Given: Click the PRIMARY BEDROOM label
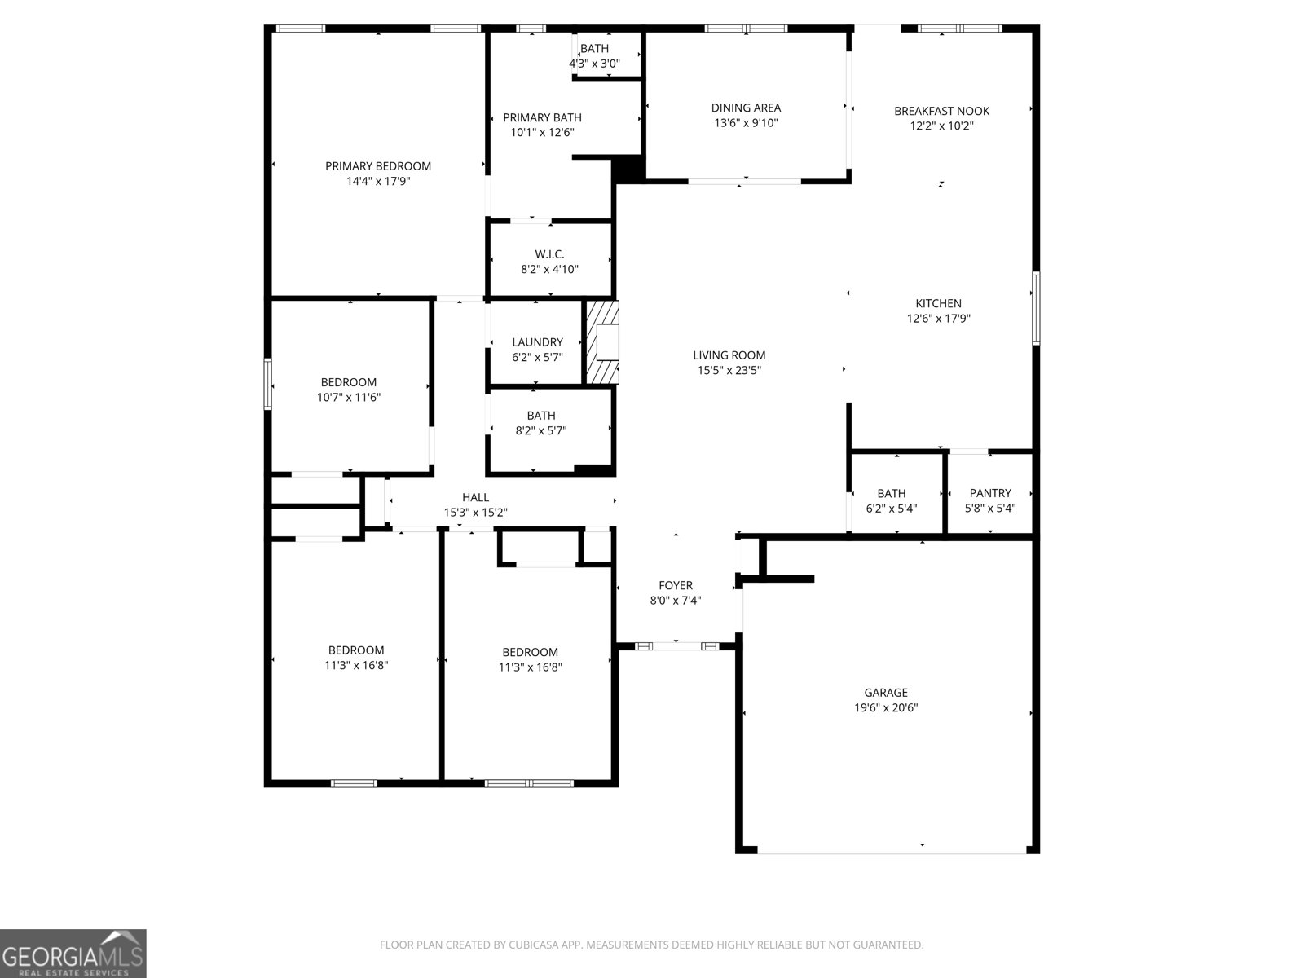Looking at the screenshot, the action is click(x=378, y=166).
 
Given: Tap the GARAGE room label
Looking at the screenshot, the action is click(x=886, y=693).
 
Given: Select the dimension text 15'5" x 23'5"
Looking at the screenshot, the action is click(x=729, y=371).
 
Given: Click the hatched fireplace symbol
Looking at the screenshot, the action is click(x=602, y=342).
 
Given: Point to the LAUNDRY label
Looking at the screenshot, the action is click(x=538, y=342).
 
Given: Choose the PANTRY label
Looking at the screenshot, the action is click(x=990, y=493).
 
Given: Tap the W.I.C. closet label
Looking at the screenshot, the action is click(x=549, y=254).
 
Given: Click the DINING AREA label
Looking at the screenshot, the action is click(x=747, y=108).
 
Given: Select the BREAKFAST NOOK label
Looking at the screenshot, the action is click(x=941, y=111).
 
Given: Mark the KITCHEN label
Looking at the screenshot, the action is click(x=938, y=303).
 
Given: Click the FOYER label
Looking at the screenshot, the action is click(x=676, y=585).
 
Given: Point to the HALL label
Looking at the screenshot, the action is click(x=475, y=498).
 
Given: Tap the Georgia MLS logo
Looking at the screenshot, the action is click(x=73, y=954).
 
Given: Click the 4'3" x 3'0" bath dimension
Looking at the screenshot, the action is click(x=595, y=64).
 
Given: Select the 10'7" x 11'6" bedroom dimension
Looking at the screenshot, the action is click(x=349, y=397).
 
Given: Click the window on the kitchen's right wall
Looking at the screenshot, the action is click(x=1036, y=308).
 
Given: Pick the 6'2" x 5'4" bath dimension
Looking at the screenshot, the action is click(x=891, y=509).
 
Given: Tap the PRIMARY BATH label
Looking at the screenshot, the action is click(x=542, y=117).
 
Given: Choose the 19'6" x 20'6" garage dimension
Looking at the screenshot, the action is click(x=886, y=707).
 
